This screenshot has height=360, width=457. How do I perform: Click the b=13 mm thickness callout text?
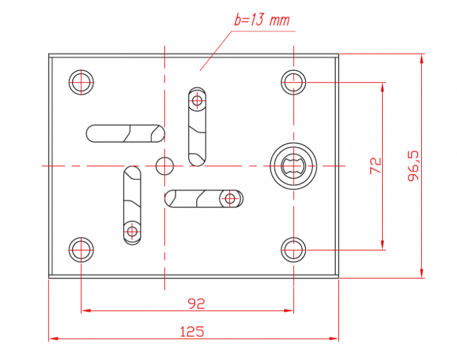[262, 20]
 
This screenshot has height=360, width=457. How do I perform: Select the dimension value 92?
[196, 304]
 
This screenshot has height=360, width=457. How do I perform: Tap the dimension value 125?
[192, 332]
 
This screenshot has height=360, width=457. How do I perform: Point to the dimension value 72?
[376, 166]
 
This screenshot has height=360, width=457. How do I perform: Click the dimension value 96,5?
[413, 166]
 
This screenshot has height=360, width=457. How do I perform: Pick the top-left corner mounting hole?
[81, 83]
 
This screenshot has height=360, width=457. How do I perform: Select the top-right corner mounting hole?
[294, 83]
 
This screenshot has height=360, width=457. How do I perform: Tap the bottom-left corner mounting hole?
[81, 250]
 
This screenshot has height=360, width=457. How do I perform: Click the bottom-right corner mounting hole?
[294, 250]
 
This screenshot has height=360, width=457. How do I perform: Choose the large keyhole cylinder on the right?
[293, 166]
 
